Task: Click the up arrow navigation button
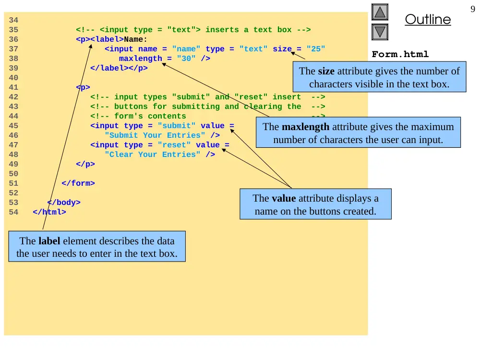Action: click(380, 12)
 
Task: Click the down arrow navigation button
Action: click(380, 32)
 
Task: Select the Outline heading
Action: click(428, 19)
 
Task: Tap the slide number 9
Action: click(473, 9)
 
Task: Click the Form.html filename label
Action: click(400, 54)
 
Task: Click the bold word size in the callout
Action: click(326, 71)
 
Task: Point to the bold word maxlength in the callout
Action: click(305, 127)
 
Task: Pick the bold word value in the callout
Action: click(284, 198)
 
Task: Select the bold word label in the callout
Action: click(49, 241)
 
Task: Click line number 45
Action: click(13, 126)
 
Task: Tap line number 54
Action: click(13, 212)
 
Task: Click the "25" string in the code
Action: click(316, 49)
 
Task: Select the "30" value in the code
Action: click(186, 59)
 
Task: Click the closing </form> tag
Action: click(78, 183)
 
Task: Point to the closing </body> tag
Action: click(64, 203)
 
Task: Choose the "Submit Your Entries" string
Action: click(155, 135)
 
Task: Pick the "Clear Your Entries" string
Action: click(153, 155)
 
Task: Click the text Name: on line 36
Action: click(136, 39)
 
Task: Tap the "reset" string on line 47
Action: click(174, 145)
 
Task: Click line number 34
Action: click(13, 20)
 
